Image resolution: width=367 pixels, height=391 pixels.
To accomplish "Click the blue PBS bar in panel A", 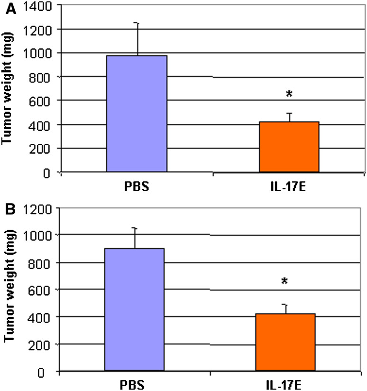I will [137, 113].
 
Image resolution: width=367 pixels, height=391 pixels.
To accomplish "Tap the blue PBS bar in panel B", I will [134, 309].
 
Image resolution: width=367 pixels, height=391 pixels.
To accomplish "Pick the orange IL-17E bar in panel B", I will [285, 342].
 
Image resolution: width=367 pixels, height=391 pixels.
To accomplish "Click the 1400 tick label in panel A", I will [42, 6].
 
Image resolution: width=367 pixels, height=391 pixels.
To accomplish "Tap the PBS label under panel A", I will [137, 185].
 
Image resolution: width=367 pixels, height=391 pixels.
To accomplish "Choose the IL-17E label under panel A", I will [289, 185].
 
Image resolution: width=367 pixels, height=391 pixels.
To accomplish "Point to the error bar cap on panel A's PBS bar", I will [138, 23].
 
